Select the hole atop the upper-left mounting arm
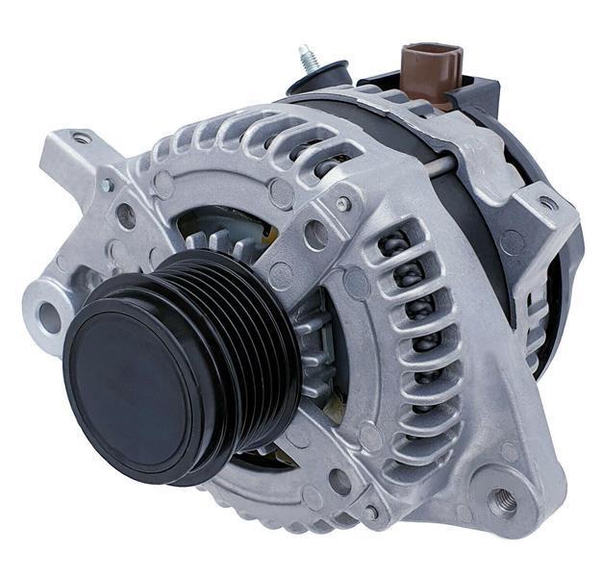[x=82, y=139]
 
